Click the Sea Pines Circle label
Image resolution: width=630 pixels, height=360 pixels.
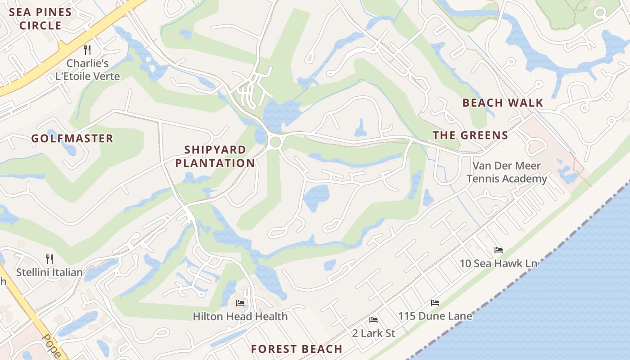click(x=40, y=19)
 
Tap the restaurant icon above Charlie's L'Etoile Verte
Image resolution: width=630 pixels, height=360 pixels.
click(x=87, y=49)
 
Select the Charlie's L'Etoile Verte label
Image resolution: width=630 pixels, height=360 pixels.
click(x=88, y=70)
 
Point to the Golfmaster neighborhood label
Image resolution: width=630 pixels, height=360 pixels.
click(x=72, y=139)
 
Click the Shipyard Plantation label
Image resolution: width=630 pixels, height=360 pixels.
click(x=215, y=156)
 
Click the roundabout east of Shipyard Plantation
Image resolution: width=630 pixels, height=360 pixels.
click(x=275, y=143)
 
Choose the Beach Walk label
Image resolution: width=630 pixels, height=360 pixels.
click(x=503, y=103)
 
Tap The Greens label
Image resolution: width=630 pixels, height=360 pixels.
click(x=470, y=135)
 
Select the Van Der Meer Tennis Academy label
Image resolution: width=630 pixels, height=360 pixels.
click(x=507, y=172)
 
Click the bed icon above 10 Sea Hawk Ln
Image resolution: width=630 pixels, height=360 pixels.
click(x=498, y=250)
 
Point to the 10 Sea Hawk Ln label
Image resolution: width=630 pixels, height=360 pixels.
click(x=498, y=263)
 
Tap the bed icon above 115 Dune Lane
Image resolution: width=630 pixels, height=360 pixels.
click(x=435, y=302)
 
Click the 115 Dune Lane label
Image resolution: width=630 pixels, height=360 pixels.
click(x=435, y=316)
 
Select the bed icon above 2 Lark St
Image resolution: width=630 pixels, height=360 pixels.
click(x=373, y=319)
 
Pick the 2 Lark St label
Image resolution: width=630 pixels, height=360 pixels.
click(x=373, y=333)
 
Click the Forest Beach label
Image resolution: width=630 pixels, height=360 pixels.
click(x=297, y=349)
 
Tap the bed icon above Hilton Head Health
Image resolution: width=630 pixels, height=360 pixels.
click(x=240, y=303)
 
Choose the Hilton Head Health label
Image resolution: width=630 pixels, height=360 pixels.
click(x=240, y=317)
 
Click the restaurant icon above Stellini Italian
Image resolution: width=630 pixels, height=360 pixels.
click(x=49, y=259)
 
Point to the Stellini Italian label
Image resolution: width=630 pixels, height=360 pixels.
click(x=49, y=272)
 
